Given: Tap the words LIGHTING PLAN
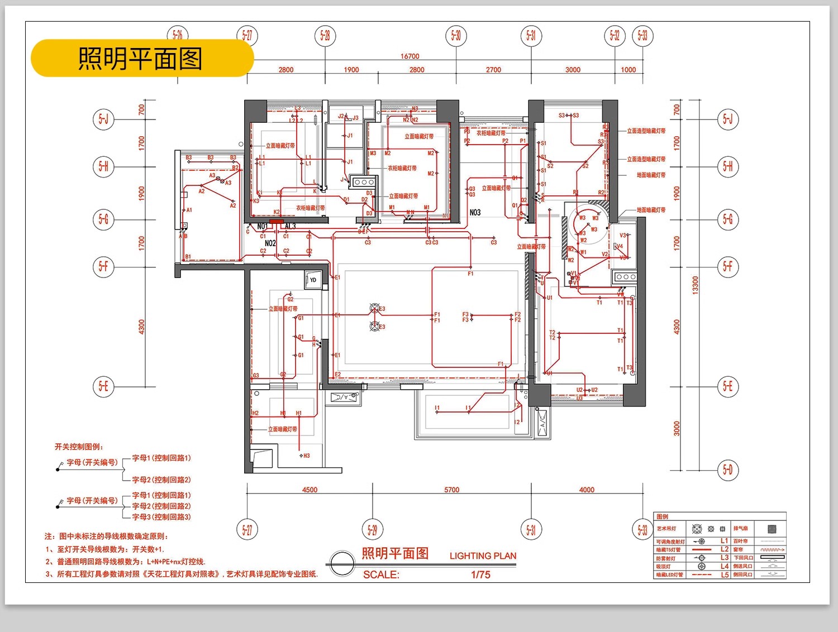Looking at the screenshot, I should (483, 556).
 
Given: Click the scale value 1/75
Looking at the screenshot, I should (480, 574).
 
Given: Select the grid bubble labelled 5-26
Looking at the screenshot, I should (178, 35).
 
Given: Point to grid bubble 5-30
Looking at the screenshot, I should (456, 36).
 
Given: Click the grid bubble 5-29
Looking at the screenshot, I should (372, 529).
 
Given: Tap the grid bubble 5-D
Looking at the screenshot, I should (727, 470).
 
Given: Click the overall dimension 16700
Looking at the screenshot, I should (410, 56).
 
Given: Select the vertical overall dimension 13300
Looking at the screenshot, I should (695, 285).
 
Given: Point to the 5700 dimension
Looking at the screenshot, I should (451, 490).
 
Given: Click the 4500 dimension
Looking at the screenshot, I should (310, 490).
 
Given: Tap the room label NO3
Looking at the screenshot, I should (475, 213).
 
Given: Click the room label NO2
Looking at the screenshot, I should (270, 243).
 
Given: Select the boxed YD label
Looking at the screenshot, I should (313, 280).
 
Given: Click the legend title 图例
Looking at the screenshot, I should (663, 517).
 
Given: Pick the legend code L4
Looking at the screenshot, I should (725, 566).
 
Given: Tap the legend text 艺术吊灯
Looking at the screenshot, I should (666, 529).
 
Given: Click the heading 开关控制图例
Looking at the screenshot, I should (79, 447).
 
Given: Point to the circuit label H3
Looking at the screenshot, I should (306, 456).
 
